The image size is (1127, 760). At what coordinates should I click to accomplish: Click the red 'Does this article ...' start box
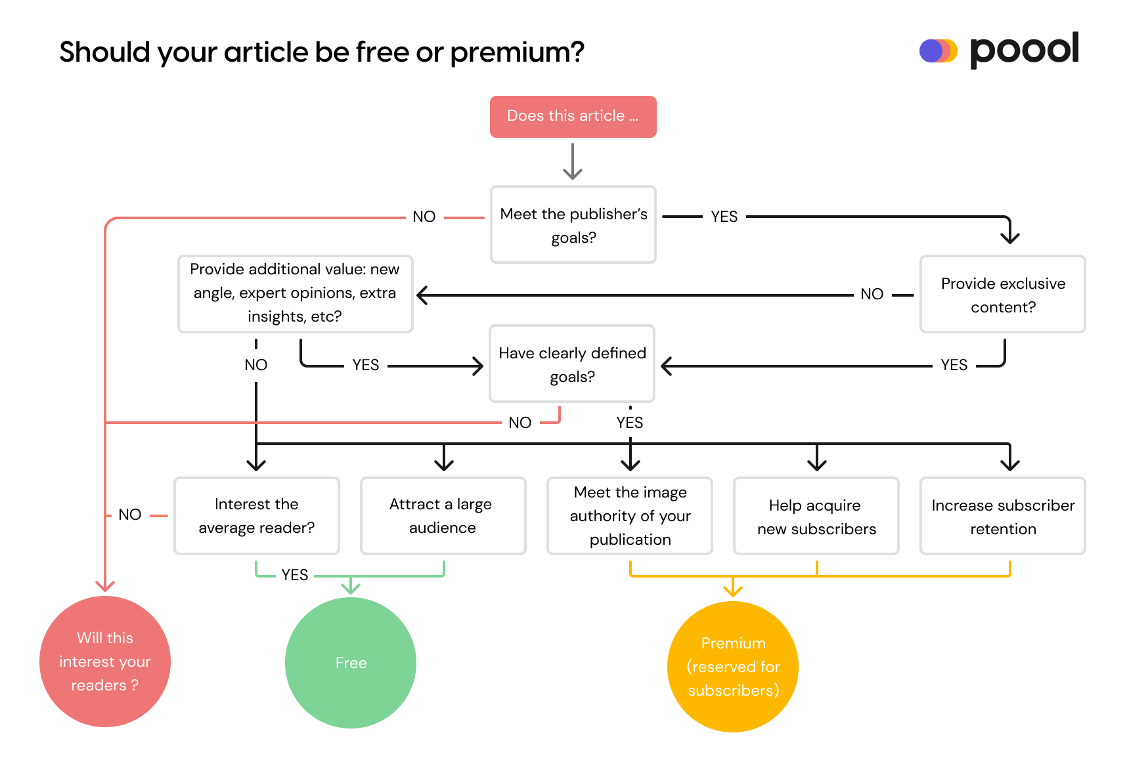click(x=573, y=117)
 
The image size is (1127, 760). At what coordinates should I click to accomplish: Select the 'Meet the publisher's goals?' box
click(x=573, y=225)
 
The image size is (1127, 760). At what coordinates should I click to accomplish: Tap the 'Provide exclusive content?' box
click(x=1002, y=295)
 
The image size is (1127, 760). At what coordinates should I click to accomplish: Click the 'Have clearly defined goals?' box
click(x=572, y=364)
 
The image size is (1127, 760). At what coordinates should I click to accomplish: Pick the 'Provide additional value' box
click(x=295, y=293)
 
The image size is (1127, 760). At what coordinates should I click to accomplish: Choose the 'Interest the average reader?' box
click(x=257, y=516)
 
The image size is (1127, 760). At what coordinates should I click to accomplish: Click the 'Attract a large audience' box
click(x=443, y=516)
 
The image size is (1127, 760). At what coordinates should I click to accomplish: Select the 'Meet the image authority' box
click(x=629, y=516)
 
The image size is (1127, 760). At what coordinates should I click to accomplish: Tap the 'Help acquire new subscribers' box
click(x=816, y=516)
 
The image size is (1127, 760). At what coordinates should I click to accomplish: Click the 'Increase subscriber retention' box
click(x=1002, y=516)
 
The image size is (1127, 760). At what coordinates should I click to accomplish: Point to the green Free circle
click(x=351, y=663)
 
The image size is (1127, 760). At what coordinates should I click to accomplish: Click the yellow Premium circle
click(x=733, y=667)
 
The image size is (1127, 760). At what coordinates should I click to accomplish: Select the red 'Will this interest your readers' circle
click(x=105, y=662)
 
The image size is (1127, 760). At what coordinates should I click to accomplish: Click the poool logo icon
click(x=938, y=51)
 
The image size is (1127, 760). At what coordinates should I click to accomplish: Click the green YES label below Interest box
click(x=295, y=575)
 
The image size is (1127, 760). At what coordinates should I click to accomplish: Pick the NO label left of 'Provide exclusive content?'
click(x=872, y=294)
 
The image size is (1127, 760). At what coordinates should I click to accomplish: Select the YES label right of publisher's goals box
click(x=724, y=217)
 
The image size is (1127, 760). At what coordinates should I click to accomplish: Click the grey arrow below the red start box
click(x=573, y=161)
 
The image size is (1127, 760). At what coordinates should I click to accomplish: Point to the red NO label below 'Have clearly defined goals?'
click(x=519, y=423)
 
